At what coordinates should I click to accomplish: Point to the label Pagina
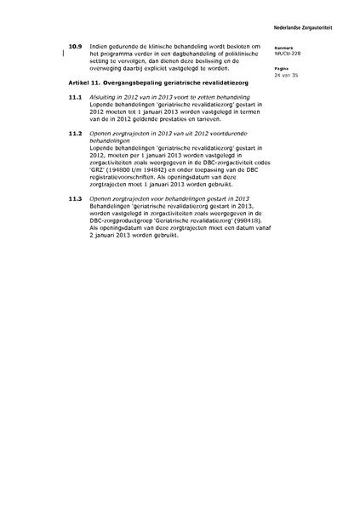pyautogui.click(x=294, y=69)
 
